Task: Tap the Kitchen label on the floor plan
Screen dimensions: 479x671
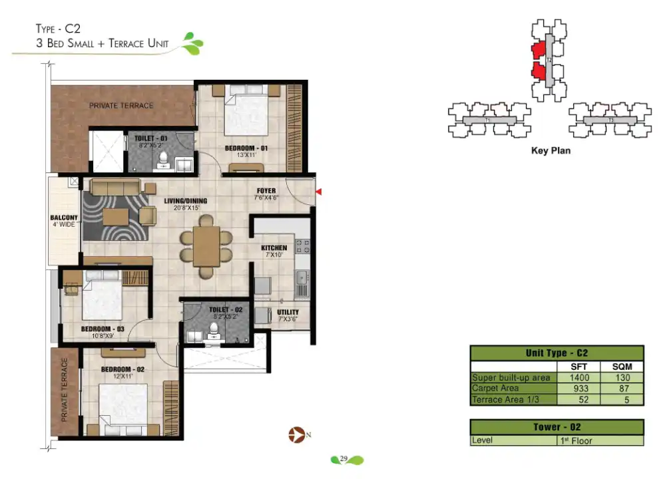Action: click(274, 248)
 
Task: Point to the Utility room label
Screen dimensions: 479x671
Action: click(288, 312)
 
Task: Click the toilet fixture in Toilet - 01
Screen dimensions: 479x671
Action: click(162, 159)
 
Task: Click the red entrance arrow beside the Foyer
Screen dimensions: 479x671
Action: click(319, 192)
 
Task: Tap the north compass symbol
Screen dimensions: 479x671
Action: click(296, 436)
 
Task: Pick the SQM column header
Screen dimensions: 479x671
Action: click(622, 367)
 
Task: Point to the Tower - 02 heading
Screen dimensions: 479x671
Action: click(557, 427)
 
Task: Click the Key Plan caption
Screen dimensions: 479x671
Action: click(551, 150)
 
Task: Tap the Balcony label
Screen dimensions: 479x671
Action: click(64, 218)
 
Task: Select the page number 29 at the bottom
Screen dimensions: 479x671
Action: click(344, 458)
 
